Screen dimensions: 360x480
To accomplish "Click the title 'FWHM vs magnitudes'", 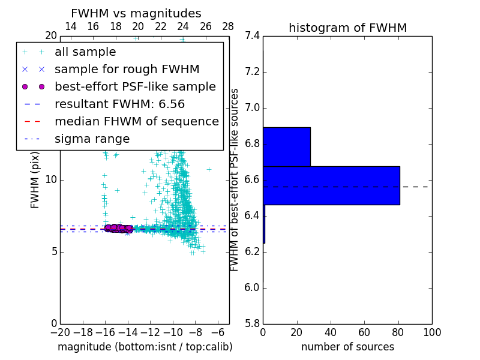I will tap(136, 14).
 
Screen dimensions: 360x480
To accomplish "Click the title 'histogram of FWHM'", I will tap(347, 28).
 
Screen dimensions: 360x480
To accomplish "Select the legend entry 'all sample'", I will tap(85, 52).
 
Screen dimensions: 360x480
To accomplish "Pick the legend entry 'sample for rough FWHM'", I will tap(127, 70).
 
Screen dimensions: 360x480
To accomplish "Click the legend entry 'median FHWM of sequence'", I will tap(136, 122).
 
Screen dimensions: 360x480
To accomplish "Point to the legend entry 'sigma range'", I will tap(92, 139).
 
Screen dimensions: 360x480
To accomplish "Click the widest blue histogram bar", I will tap(331, 185).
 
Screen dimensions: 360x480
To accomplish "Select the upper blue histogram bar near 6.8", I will tap(287, 147).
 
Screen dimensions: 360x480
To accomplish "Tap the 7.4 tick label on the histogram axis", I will tap(252, 36).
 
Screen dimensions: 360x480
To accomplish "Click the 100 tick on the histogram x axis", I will tap(431, 332).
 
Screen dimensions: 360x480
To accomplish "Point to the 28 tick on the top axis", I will tap(229, 26).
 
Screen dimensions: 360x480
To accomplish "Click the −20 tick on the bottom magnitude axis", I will tap(60, 332).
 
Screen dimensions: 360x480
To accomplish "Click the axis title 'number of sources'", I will tap(347, 347).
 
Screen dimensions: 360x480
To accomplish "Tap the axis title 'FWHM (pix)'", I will tap(35, 179).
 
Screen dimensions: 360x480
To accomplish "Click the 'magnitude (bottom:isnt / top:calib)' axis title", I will tap(145, 347).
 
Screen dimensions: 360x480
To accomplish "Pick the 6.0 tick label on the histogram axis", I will tap(252, 288).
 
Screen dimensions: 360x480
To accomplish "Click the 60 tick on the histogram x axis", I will tap(364, 332).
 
